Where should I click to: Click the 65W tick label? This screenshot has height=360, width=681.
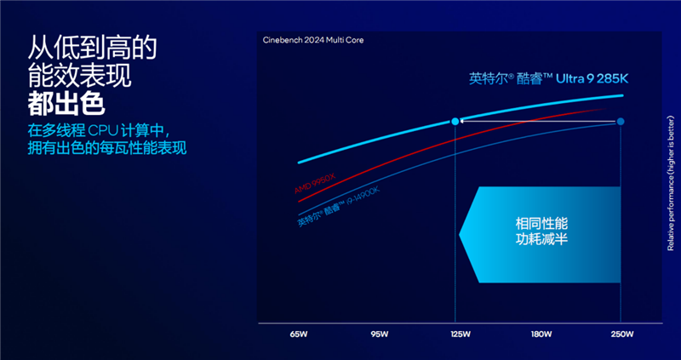(x=298, y=334)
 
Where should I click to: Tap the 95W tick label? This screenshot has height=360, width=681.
(x=379, y=334)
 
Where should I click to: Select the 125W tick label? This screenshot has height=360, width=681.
(x=460, y=334)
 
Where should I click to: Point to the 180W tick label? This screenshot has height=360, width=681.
(x=541, y=334)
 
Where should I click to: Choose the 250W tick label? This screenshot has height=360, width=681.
(x=621, y=334)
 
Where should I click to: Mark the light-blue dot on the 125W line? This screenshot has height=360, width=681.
(x=455, y=122)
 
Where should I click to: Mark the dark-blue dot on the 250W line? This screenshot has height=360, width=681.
(x=621, y=122)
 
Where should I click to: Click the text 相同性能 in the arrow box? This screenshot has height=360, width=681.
(x=541, y=223)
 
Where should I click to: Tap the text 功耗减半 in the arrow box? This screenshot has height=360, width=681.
(x=541, y=241)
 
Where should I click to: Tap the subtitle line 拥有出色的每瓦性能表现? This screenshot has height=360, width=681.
(x=106, y=148)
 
